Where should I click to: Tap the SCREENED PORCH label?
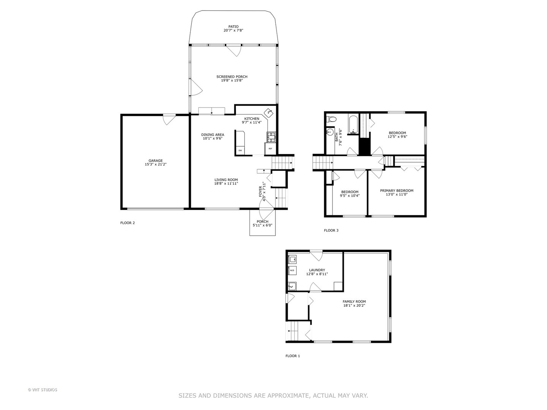232,77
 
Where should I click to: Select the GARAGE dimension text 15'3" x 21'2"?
156,165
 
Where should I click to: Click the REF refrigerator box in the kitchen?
270,148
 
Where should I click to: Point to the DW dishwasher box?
240,151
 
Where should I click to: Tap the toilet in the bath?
332,119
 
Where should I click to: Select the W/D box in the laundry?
292,271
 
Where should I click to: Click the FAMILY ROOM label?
354,301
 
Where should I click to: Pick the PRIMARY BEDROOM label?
397,191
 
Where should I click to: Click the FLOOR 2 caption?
128,223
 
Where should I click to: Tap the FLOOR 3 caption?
331,230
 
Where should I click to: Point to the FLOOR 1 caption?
293,356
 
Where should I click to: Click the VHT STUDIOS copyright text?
43,390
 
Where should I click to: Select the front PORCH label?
262,222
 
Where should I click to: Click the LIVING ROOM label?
226,180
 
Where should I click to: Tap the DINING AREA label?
212,134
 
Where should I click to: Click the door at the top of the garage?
169,119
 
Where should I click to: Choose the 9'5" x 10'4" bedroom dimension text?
349,196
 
